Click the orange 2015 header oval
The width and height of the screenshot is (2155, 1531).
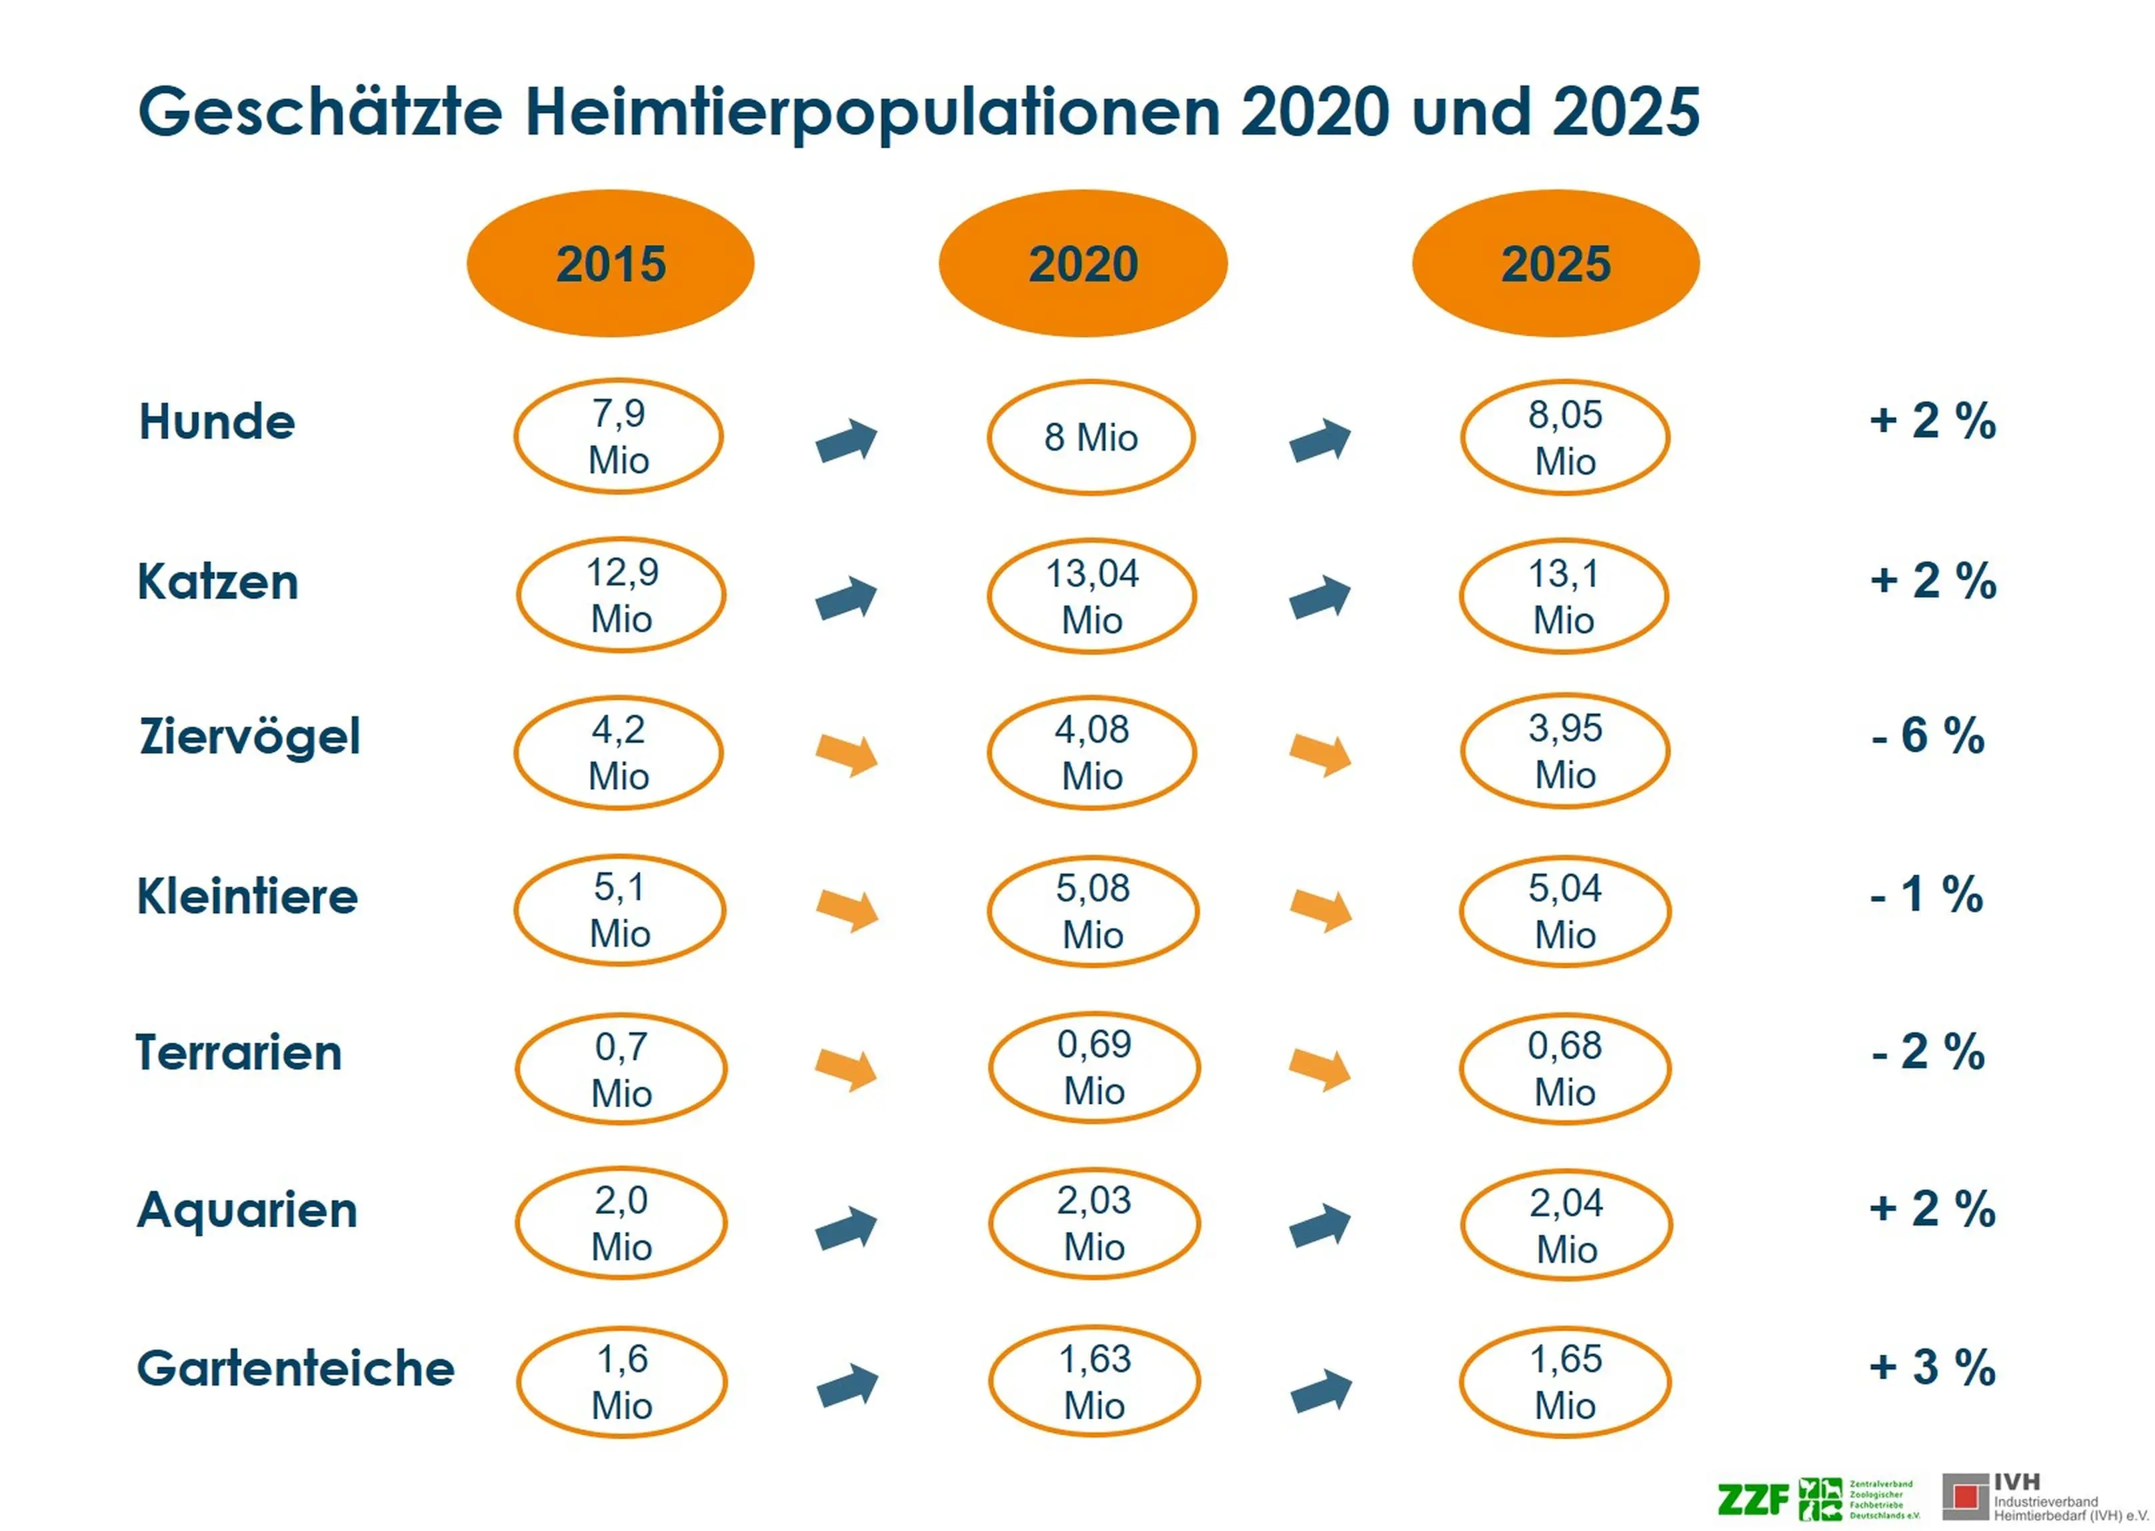pyautogui.click(x=610, y=263)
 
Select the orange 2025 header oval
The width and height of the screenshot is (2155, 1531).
pyautogui.click(x=1556, y=263)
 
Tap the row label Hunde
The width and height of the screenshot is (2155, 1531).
pyautogui.click(x=217, y=421)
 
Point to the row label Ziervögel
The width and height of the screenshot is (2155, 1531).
pyautogui.click(x=250, y=736)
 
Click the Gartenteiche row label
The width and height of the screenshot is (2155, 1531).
pyautogui.click(x=295, y=1368)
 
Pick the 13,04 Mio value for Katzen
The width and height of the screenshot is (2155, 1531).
pyautogui.click(x=1092, y=596)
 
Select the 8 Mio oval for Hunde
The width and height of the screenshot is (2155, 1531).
pyautogui.click(x=1091, y=437)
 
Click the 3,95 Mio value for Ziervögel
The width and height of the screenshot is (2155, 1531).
pyautogui.click(x=1565, y=751)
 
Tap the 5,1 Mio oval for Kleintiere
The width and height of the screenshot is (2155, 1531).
pyautogui.click(x=619, y=910)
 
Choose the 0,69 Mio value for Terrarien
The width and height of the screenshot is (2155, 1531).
pyautogui.click(x=1094, y=1067)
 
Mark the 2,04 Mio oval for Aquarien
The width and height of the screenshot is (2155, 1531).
pyautogui.click(x=1566, y=1226)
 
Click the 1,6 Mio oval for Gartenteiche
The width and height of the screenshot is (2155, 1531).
pyautogui.click(x=621, y=1382)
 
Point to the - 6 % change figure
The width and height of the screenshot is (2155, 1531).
pyautogui.click(x=1927, y=735)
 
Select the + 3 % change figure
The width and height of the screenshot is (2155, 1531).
pyautogui.click(x=1932, y=1367)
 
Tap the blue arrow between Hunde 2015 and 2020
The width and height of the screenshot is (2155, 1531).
pyautogui.click(x=847, y=440)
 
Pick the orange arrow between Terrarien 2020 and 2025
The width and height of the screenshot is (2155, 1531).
pyautogui.click(x=1320, y=1068)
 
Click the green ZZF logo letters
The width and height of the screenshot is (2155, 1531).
pyautogui.click(x=1752, y=1498)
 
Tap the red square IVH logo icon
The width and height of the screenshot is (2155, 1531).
pyautogui.click(x=1966, y=1496)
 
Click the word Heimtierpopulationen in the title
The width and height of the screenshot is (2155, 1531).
pyautogui.click(x=872, y=111)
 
